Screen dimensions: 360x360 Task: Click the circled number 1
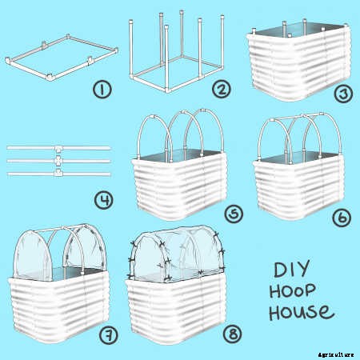coord(102,90)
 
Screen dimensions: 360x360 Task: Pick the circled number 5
coord(234,214)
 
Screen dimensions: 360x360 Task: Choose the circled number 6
coord(344,214)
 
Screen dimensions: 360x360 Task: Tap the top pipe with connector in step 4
coord(60,149)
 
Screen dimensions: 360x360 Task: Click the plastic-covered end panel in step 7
coord(35,254)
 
